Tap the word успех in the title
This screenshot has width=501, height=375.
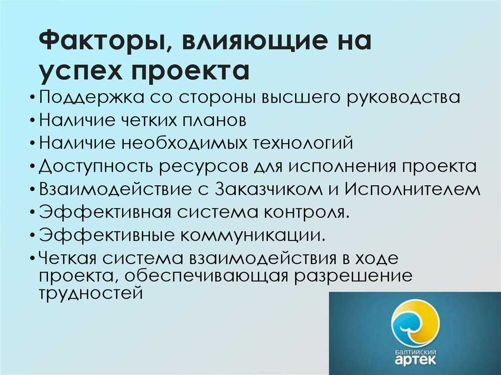[81, 70]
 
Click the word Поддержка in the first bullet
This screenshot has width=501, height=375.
[91, 97]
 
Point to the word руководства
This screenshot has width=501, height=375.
[404, 97]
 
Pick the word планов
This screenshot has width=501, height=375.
[214, 120]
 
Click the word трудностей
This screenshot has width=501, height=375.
[91, 292]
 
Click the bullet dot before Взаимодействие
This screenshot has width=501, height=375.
[34, 190]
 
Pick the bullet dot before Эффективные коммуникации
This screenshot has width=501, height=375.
[34, 236]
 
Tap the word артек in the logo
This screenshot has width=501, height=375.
[415, 360]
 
